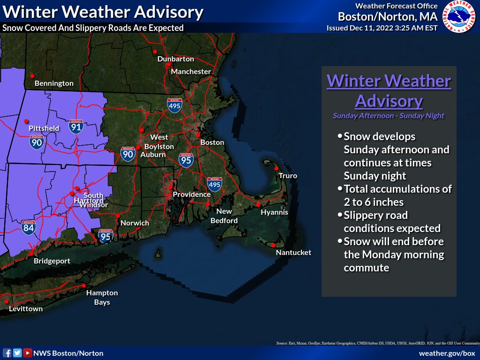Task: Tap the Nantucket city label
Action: coord(293,252)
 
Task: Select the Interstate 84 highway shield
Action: coord(28,227)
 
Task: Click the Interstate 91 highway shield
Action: coord(75,126)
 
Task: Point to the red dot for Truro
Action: coord(277,168)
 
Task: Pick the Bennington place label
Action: coord(54,83)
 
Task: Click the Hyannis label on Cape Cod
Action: coord(274,212)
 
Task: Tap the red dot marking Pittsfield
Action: coord(27,121)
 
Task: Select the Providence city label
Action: coord(192,194)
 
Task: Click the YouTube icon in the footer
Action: coord(28,353)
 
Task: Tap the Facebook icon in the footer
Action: coord(7,353)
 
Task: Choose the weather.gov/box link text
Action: coord(447,353)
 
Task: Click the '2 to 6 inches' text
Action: coord(374,202)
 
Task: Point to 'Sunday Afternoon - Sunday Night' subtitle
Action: coord(389,115)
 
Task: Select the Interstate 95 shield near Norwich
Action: coord(105,236)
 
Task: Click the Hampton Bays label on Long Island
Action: coord(102,297)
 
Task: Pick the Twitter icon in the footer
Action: coord(17,353)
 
